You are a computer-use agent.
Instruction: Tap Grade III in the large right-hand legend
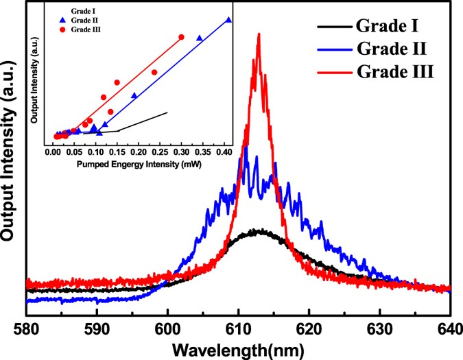[396, 70]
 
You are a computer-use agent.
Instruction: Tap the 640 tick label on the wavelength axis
[449, 329]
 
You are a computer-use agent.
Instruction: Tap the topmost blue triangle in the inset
[228, 20]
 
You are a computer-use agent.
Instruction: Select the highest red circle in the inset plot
[182, 37]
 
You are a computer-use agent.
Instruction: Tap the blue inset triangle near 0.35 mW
[199, 38]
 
